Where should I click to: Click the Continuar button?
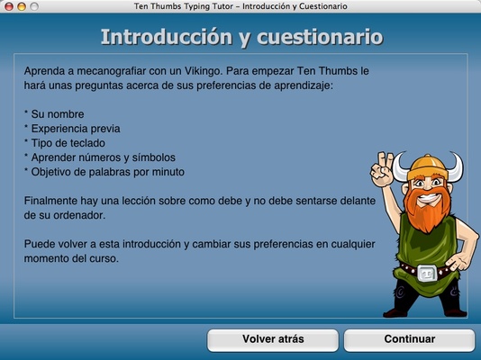409,339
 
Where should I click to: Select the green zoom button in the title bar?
35,6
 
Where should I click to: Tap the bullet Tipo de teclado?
68,143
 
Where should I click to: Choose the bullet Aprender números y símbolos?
106,157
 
